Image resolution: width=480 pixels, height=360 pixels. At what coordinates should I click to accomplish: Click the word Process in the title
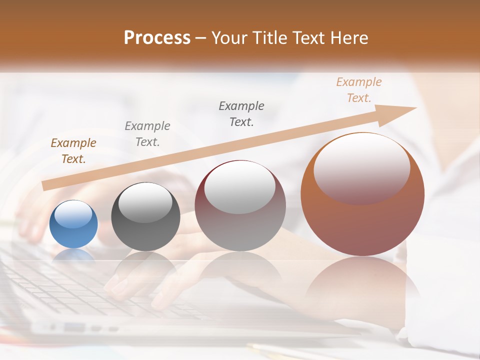157,38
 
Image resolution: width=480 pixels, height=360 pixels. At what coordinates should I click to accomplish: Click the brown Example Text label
73,151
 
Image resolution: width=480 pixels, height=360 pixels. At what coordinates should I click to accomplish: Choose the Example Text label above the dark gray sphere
147,134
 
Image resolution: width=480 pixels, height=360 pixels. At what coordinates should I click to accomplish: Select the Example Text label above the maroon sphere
241,113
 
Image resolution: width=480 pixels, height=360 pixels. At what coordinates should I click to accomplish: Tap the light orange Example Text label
359,90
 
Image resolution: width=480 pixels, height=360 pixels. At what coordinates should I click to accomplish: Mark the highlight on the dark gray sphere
145,202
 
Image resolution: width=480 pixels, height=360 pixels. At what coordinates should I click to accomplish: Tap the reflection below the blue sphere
73,256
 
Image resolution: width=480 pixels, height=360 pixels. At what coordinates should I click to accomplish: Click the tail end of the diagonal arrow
45,186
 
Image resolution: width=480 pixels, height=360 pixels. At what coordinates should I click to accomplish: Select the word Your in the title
228,38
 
